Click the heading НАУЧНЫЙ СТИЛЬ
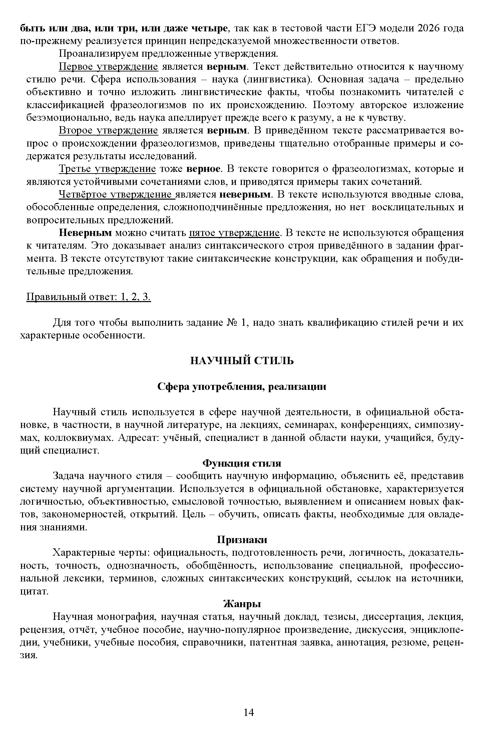point(242,361)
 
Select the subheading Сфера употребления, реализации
point(242,387)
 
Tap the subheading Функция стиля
point(242,463)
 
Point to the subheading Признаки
point(242,540)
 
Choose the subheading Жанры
point(242,604)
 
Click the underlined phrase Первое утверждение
point(108,67)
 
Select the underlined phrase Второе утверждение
point(108,130)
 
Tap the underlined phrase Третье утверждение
point(107,169)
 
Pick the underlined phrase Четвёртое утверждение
point(117,195)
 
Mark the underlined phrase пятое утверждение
point(234,233)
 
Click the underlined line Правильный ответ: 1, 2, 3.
point(88,297)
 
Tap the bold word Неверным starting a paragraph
point(85,233)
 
